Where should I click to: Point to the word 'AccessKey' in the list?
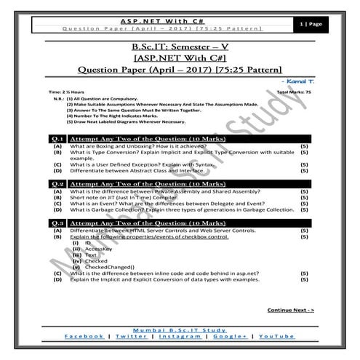(98, 249)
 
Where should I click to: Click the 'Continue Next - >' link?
(290, 310)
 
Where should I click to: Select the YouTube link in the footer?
(276, 337)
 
